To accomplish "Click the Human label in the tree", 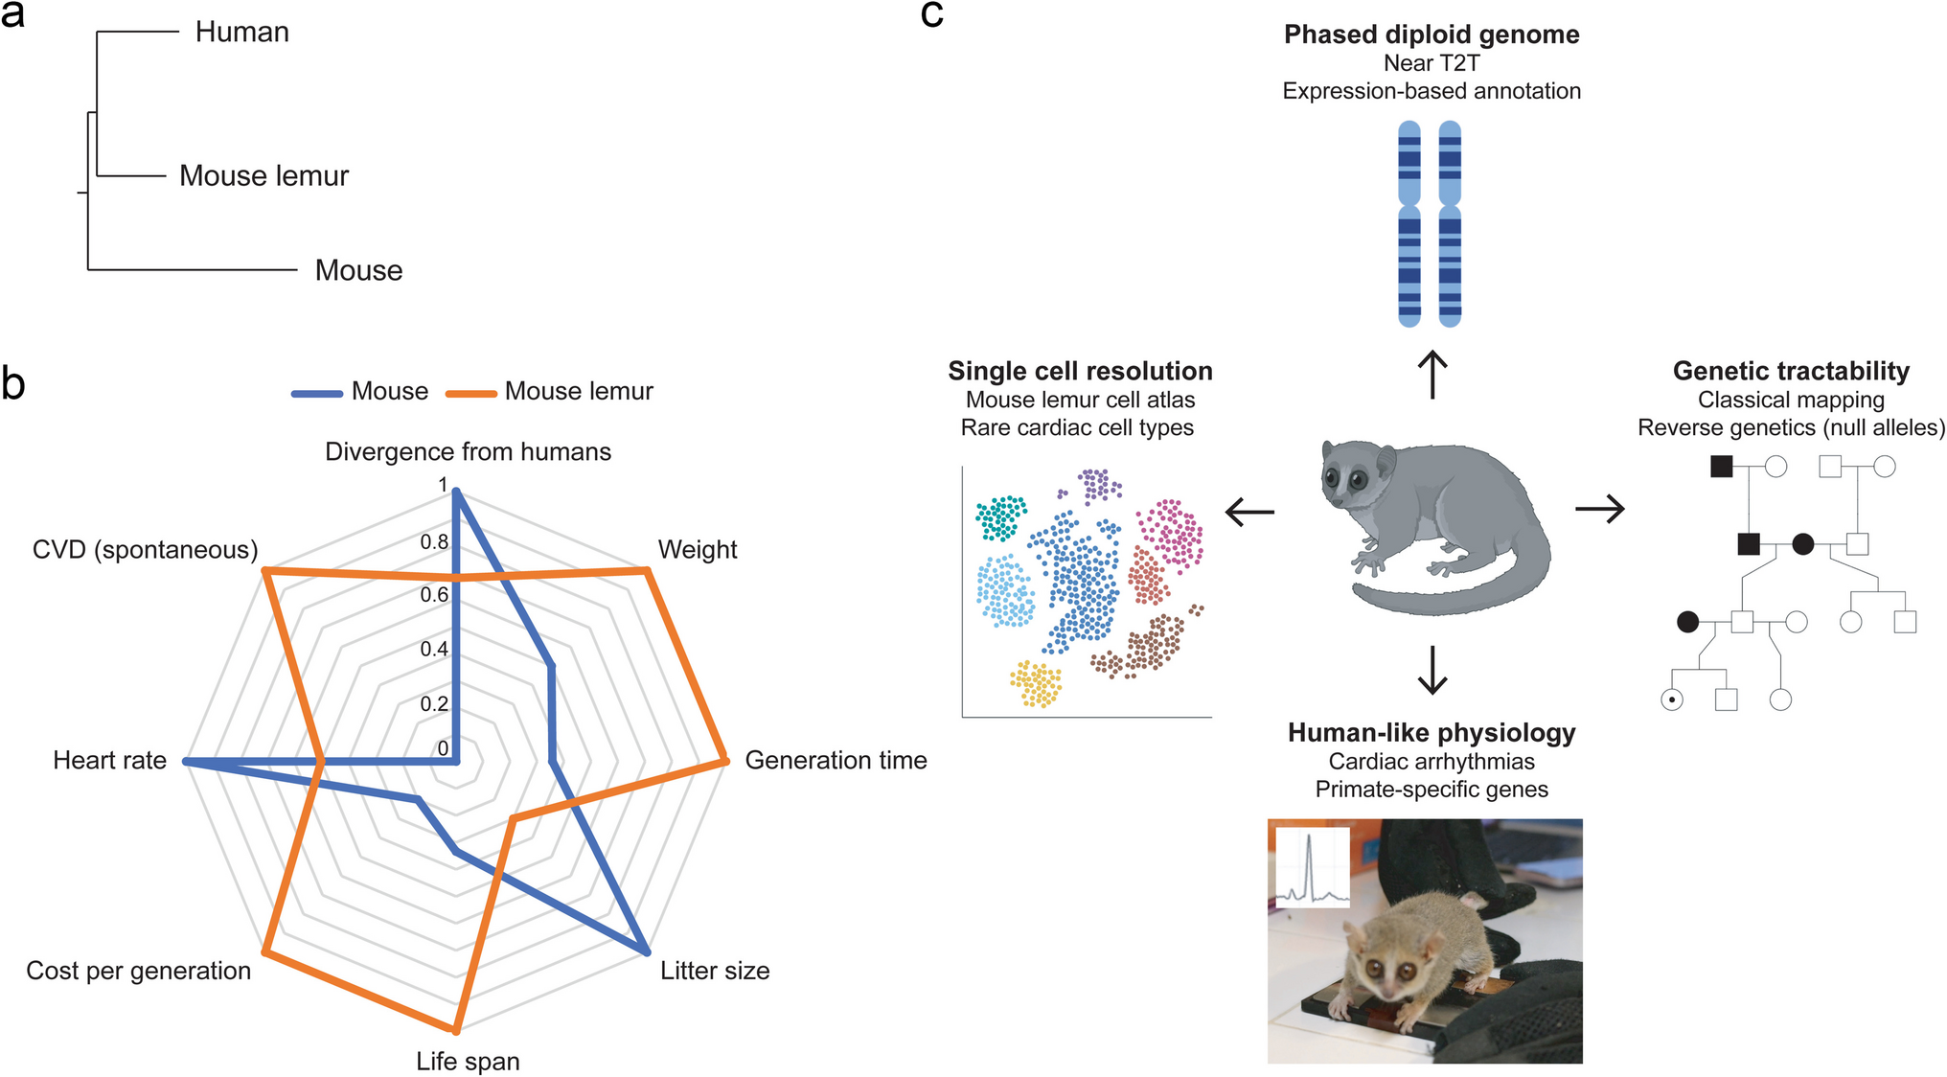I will tap(241, 33).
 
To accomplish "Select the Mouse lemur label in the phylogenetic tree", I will tap(263, 176).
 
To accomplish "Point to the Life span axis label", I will tap(468, 1062).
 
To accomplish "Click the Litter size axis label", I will tap(715, 971).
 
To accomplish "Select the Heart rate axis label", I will tap(109, 761).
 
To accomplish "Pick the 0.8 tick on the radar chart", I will tap(434, 542).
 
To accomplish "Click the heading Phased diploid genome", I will tap(1432, 34).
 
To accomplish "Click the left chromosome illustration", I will tap(1409, 224).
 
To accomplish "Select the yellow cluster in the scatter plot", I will tap(1036, 684).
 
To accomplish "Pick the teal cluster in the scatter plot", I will tap(1000, 517).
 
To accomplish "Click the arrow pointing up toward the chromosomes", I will tap(1432, 375).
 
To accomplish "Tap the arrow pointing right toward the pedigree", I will tap(1600, 509).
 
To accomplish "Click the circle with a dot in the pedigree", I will tap(1672, 700).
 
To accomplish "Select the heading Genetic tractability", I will tap(1791, 372).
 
